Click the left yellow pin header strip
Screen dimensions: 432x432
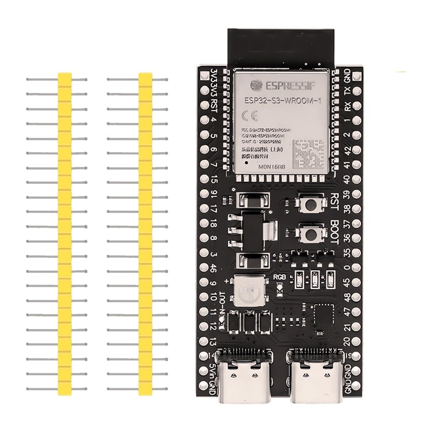65,232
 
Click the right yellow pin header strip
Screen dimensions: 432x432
146,232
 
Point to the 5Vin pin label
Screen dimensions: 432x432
214,371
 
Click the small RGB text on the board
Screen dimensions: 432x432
279,278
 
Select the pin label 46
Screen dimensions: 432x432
214,268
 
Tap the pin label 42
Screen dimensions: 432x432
347,151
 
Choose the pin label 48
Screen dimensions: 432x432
347,297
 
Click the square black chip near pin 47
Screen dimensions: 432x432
323,315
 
